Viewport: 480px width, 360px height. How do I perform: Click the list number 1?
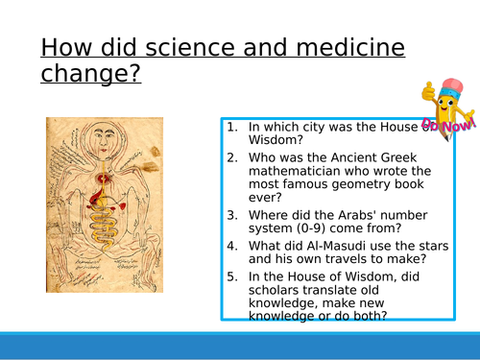click(233, 127)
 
